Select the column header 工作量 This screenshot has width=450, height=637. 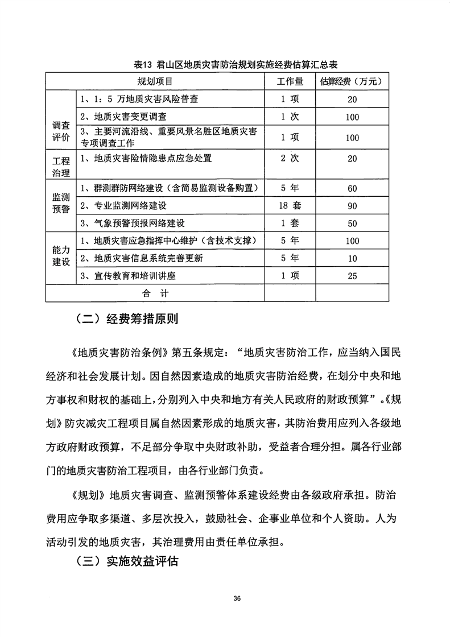tap(290, 82)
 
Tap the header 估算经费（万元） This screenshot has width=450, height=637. tap(352, 82)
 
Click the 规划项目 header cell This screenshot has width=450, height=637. tap(154, 82)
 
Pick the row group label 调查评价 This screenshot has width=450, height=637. tap(60, 131)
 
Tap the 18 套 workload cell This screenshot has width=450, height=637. tap(290, 205)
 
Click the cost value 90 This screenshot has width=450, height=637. tap(352, 205)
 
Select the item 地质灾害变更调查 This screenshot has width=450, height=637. tap(125, 117)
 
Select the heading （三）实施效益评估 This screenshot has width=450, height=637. tap(126, 562)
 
